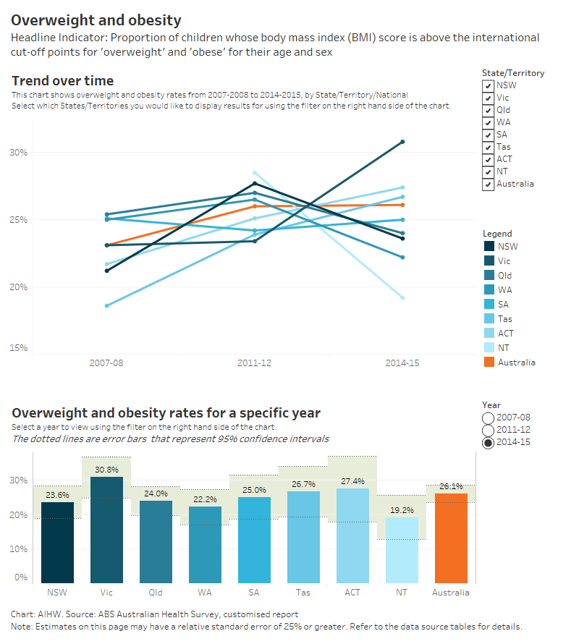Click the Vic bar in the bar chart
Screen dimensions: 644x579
click(x=106, y=530)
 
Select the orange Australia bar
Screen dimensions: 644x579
click(x=451, y=538)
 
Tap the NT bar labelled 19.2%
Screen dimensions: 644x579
click(x=402, y=549)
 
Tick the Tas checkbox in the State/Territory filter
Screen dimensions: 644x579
click(x=489, y=147)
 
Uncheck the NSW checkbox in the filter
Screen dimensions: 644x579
click(x=489, y=85)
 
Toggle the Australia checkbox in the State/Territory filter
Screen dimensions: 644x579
click(x=489, y=184)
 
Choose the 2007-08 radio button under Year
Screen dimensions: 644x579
click(x=489, y=418)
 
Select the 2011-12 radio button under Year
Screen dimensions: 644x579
click(x=489, y=430)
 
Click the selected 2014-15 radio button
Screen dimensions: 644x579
click(x=489, y=442)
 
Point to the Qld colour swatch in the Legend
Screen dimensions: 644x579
click(x=489, y=275)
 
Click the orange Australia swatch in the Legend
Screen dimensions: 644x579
click(x=489, y=362)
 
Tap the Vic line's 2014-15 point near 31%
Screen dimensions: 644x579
click(x=402, y=142)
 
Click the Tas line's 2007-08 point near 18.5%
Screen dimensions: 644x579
click(x=106, y=305)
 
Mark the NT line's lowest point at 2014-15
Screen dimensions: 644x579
click(x=402, y=297)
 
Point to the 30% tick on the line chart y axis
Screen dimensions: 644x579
click(x=19, y=152)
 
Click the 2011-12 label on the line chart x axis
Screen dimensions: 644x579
click(x=254, y=363)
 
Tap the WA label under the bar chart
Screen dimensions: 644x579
click(x=205, y=592)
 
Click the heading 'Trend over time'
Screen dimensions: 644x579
click(x=62, y=81)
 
